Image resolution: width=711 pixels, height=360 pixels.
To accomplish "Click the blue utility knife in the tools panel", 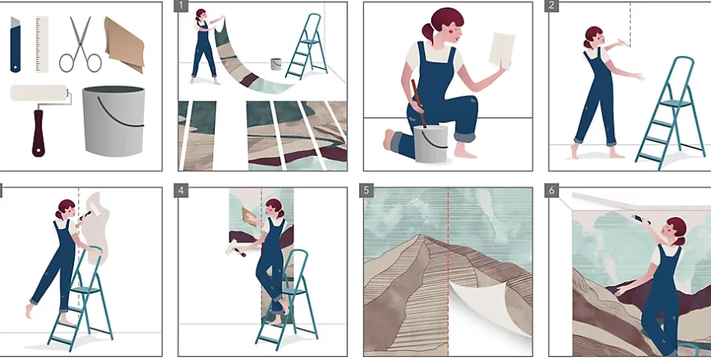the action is [15, 45].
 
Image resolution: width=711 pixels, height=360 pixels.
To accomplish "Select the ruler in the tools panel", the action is [42, 45].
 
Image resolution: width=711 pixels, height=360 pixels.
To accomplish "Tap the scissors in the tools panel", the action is [81, 45].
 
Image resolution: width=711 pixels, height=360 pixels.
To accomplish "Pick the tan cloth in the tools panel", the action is [124, 44].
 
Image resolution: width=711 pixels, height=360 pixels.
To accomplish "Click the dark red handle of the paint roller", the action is [39, 133].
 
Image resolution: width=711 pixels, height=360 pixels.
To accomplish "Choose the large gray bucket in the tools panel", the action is [113, 121].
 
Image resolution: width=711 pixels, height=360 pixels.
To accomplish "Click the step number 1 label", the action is [181, 5].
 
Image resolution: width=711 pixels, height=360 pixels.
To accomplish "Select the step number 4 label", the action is [181, 191].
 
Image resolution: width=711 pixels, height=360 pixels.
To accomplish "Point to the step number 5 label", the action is [366, 191].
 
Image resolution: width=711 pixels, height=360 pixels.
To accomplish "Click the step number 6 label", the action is [551, 191].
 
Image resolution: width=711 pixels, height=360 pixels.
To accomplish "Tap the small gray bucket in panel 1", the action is [275, 64].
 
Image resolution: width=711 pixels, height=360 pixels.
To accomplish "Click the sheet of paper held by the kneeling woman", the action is [502, 51].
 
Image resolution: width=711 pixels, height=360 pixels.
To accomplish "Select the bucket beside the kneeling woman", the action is [431, 144].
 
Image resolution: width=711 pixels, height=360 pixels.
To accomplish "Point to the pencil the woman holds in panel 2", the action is [622, 43].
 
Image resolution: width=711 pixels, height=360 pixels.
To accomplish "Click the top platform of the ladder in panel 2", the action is [675, 104].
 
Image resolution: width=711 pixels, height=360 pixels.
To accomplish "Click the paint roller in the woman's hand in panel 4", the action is [235, 248].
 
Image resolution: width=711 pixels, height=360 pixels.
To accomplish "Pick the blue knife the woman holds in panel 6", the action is [641, 219].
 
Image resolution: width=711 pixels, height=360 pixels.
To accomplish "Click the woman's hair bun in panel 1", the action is [197, 19].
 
